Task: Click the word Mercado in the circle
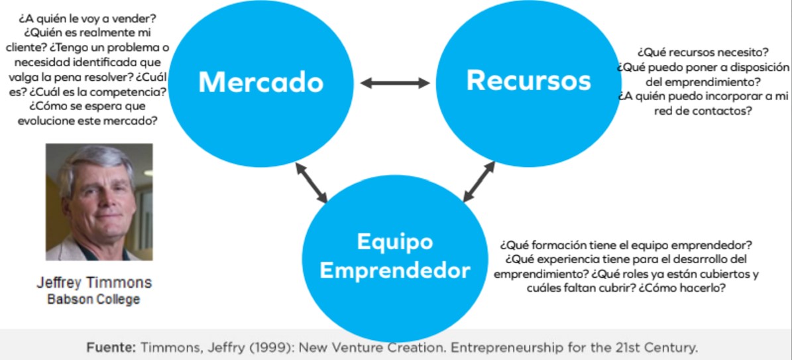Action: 261,82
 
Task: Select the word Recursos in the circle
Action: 528,80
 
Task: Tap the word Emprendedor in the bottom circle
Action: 400,270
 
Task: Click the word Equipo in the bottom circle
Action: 394,242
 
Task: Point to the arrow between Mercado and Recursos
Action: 395,84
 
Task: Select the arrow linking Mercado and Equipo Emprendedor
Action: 311,182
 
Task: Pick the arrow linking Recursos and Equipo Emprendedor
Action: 479,181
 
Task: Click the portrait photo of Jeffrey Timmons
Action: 99,202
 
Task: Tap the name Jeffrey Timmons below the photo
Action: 93,283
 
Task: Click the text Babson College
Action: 93,299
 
